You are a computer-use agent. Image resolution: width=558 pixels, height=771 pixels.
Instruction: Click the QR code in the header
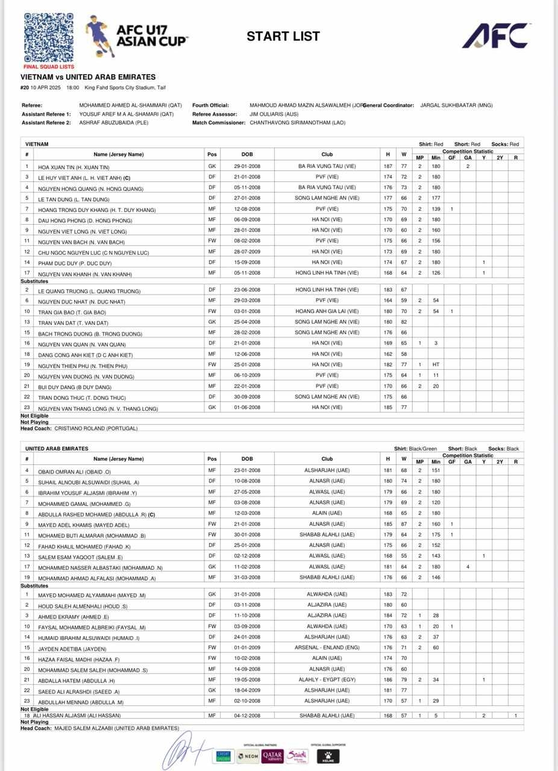(x=49, y=37)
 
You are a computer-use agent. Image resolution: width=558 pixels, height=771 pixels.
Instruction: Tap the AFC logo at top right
(x=497, y=36)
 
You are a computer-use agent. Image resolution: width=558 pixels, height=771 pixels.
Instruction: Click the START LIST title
(x=283, y=37)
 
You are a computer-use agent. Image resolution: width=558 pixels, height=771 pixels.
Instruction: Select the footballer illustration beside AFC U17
(x=101, y=36)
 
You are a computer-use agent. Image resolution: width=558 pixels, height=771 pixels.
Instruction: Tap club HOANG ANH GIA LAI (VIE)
(x=327, y=311)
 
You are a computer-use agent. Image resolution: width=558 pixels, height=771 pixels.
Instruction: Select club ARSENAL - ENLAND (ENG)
(x=327, y=648)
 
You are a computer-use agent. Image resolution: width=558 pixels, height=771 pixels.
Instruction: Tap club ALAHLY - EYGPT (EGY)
(x=327, y=679)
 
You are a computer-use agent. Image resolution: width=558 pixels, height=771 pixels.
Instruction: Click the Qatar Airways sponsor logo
(x=272, y=756)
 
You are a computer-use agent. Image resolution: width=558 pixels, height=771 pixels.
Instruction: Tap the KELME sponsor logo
(x=328, y=756)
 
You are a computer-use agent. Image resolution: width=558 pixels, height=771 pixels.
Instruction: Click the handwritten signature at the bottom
(x=186, y=750)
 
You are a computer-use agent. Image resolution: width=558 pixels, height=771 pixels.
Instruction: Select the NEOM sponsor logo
(x=248, y=756)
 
